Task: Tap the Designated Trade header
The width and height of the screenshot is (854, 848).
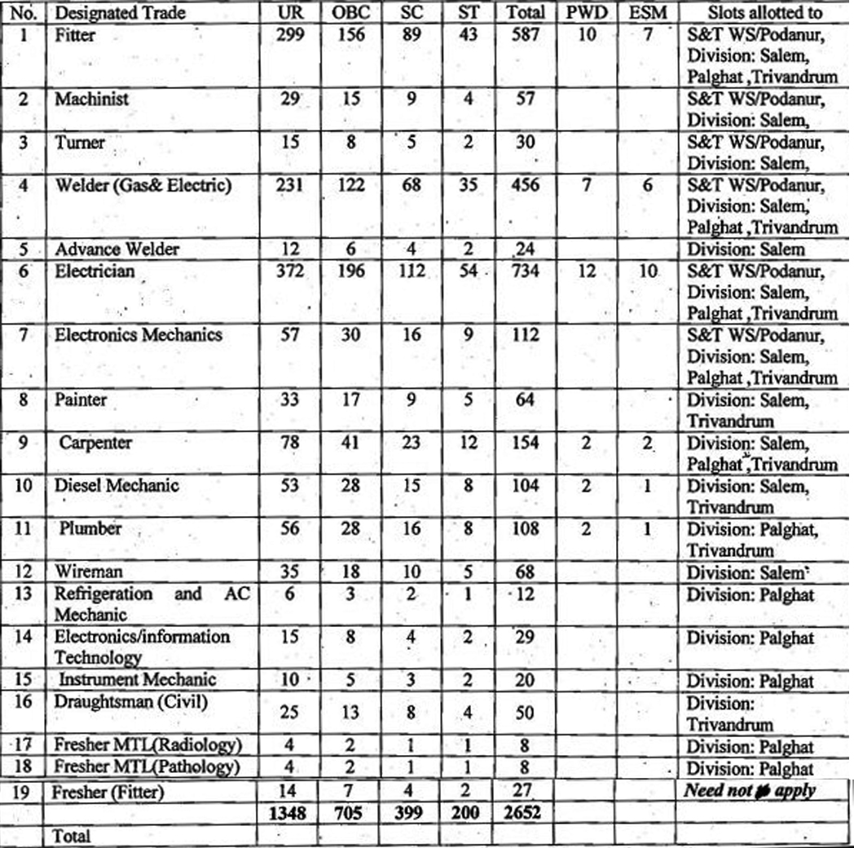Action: pos(120,13)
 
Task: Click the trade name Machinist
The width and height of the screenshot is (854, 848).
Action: pos(91,99)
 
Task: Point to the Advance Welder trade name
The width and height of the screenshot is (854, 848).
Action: pos(117,249)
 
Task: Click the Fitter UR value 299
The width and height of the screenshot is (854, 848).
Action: pos(290,34)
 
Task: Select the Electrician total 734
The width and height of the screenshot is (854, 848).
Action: pos(522,270)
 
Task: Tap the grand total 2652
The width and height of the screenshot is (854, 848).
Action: pos(521,813)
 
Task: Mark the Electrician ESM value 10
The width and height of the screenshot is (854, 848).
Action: pos(647,270)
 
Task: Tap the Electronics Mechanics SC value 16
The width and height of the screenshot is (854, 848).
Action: pos(412,335)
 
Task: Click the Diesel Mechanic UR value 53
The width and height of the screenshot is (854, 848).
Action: pos(290,486)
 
